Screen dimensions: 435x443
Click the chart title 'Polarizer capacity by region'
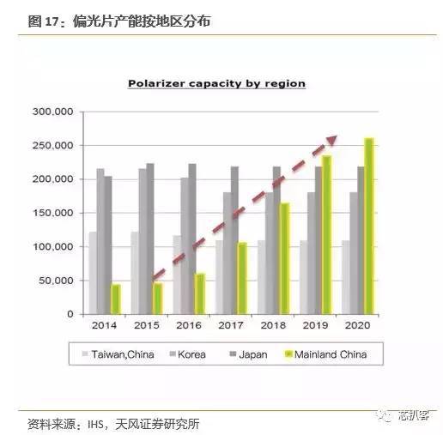point(216,83)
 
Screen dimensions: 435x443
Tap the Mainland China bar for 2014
point(116,299)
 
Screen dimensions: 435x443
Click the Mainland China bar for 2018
point(285,258)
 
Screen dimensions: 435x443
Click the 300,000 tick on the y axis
point(53,112)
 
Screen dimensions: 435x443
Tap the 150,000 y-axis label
point(53,213)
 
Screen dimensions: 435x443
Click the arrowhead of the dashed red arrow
point(332,140)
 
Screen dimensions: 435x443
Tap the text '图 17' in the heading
point(42,21)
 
